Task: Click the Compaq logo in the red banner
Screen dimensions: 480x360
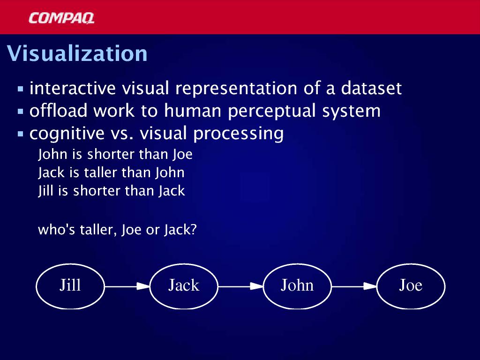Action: coord(61,18)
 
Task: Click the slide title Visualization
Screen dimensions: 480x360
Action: coord(77,53)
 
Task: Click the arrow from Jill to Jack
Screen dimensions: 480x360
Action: coord(127,286)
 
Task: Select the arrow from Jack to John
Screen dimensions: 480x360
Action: coord(240,286)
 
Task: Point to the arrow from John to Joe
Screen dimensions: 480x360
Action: coord(354,286)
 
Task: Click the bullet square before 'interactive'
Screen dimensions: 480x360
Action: coord(21,89)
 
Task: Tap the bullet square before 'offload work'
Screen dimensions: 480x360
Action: coord(21,112)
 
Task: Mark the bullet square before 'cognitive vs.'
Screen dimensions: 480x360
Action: coord(21,134)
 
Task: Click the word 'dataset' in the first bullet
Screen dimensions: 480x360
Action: coord(371,88)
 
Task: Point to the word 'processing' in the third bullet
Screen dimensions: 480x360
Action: coord(238,134)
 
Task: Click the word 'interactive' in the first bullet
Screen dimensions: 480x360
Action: coord(73,88)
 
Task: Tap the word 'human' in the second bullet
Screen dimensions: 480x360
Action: coord(193,111)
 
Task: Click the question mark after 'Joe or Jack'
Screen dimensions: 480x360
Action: coord(193,229)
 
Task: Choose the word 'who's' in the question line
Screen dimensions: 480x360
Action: coord(56,230)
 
